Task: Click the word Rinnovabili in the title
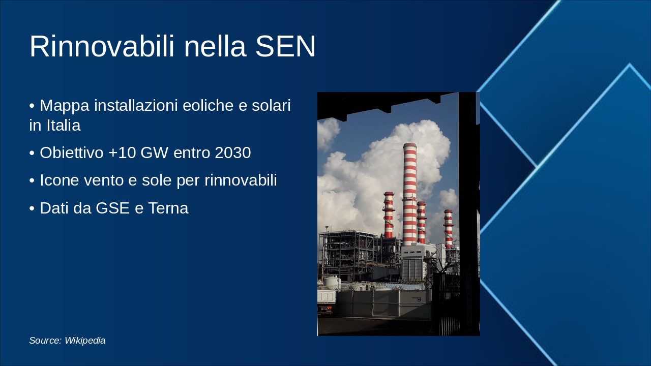coord(102,46)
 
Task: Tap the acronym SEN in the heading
coord(285,46)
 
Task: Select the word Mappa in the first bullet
coord(65,106)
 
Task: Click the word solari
coord(271,105)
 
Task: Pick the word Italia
coord(64,125)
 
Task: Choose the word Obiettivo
coord(72,152)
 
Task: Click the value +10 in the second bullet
coord(122,152)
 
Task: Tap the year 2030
coord(233,152)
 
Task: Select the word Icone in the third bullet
coord(60,180)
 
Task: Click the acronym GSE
coord(112,208)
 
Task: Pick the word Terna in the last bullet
coord(168,208)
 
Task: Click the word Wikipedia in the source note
coord(85,341)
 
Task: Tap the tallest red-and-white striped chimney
coord(409,194)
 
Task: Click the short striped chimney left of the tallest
coord(389,215)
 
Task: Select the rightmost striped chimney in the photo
coord(449,229)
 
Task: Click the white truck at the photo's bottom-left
coord(326,301)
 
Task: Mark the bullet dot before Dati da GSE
coord(32,208)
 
